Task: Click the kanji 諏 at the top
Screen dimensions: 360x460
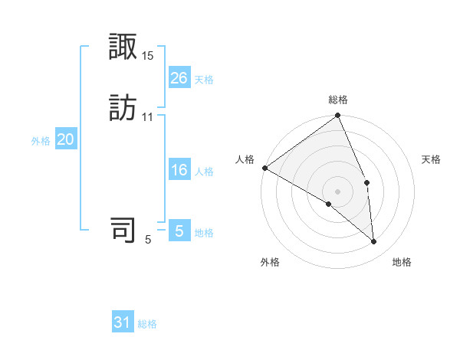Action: pos(123,48)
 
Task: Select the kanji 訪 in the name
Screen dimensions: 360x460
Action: pos(123,108)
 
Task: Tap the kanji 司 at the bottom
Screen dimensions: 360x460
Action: pos(123,230)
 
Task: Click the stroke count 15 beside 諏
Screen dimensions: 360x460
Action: pos(148,56)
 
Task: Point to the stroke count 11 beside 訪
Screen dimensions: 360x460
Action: pos(147,116)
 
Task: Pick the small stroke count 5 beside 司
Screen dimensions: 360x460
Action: pos(148,240)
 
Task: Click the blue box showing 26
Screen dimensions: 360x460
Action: pos(179,78)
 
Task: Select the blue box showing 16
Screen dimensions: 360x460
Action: pos(179,170)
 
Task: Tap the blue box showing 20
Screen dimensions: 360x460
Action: pos(66,139)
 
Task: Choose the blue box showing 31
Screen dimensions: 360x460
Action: pos(123,322)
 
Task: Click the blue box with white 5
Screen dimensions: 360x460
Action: pos(179,231)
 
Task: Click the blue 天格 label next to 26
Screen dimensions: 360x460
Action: pos(204,80)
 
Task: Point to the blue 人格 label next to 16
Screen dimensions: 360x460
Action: pos(204,172)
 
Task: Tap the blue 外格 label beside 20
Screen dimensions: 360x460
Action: pos(41,141)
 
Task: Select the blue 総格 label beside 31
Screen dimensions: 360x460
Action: pos(147,324)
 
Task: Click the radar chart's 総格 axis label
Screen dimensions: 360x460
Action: pos(338,100)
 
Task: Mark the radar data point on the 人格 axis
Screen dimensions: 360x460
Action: pos(264,168)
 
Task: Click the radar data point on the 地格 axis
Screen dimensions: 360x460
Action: pos(374,242)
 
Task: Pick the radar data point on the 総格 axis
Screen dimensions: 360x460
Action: pos(338,116)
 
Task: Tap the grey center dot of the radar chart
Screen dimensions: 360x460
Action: pos(338,191)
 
